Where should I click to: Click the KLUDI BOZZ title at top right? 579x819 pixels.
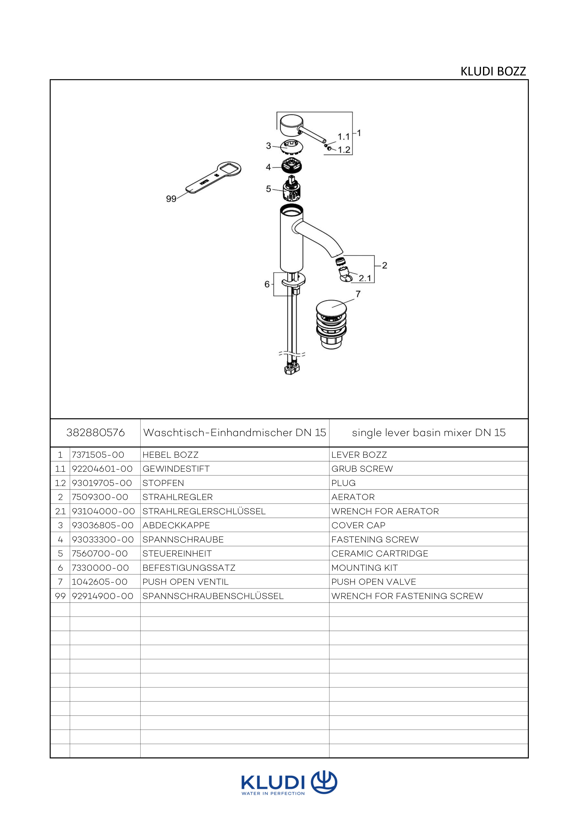(493, 71)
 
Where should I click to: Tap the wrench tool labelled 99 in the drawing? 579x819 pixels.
(213, 177)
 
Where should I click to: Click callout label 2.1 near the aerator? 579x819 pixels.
(365, 278)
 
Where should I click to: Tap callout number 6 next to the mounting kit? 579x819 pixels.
(267, 284)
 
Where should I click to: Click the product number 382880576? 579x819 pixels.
(96, 433)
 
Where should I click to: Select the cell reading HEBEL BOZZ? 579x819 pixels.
(170, 455)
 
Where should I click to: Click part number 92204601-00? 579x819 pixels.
(102, 469)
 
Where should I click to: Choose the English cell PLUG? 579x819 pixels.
(343, 483)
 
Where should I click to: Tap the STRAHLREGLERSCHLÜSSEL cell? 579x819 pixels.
(204, 511)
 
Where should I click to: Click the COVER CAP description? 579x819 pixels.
(358, 526)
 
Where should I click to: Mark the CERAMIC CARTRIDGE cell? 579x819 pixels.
(380, 554)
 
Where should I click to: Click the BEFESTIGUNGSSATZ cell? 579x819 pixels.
(189, 568)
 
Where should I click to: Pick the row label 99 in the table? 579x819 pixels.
(60, 596)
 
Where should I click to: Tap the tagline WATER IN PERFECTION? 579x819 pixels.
(273, 793)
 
